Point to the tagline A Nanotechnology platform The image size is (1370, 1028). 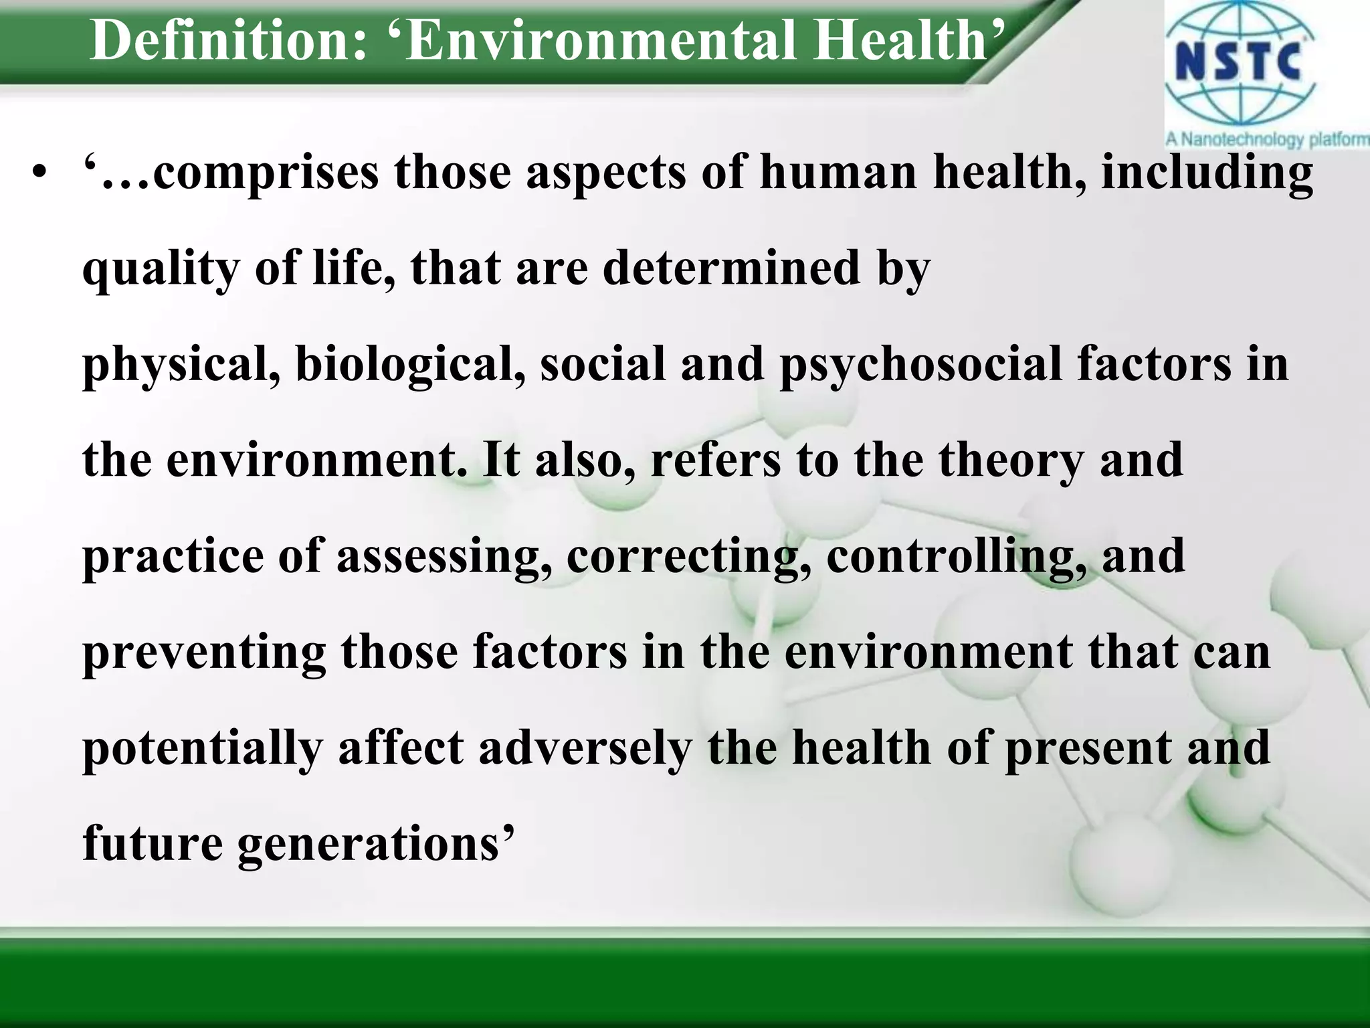(1267, 139)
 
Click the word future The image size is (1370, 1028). (153, 844)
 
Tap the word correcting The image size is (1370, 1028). (690, 558)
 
